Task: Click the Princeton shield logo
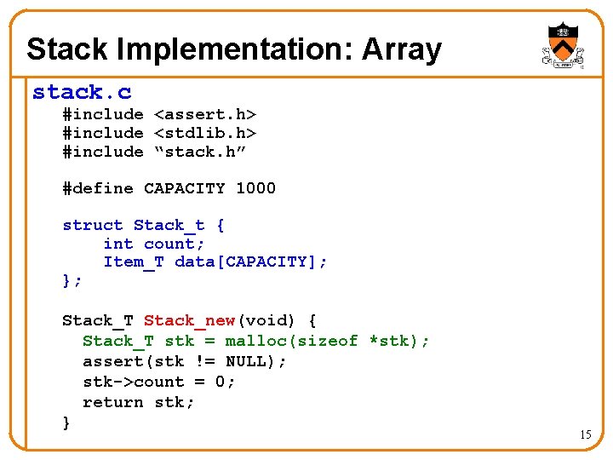tap(562, 45)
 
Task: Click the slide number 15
tap(585, 434)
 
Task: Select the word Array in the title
tap(402, 49)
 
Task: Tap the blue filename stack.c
tap(82, 91)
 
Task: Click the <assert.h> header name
tap(205, 114)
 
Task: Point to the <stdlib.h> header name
tap(205, 133)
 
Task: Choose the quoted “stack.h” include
tap(200, 152)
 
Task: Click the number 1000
tap(255, 188)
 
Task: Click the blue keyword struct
tap(93, 226)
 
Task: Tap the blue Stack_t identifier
tap(169, 226)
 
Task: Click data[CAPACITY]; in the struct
tap(250, 262)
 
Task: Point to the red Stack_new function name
tap(189, 320)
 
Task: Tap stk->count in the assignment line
tap(133, 382)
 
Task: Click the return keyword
tap(112, 402)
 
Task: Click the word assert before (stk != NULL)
tap(112, 361)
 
